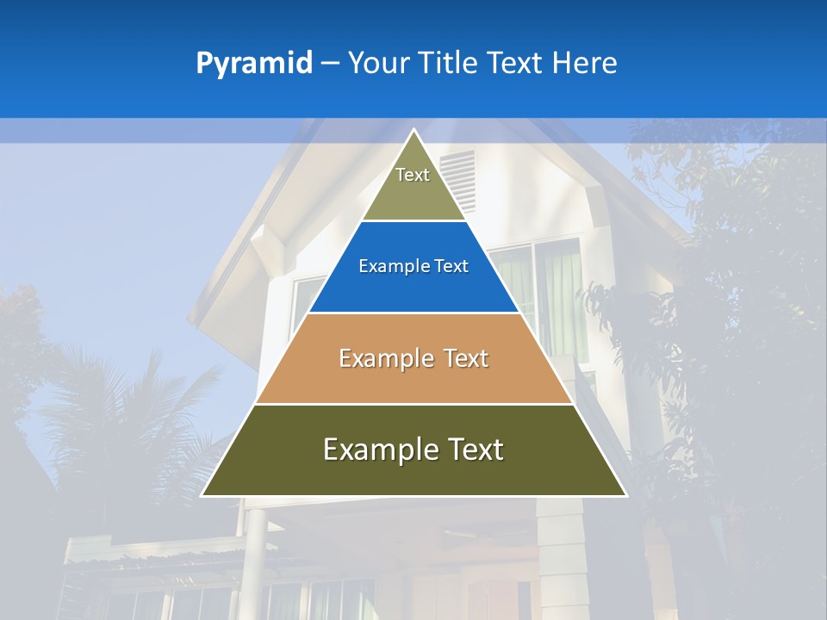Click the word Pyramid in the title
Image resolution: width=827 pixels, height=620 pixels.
pos(253,64)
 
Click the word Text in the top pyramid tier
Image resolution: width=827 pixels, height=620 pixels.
pos(413,175)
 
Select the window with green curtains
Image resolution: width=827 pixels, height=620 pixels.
pos(560,293)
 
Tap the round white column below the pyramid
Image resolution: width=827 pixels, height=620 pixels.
pos(256,551)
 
